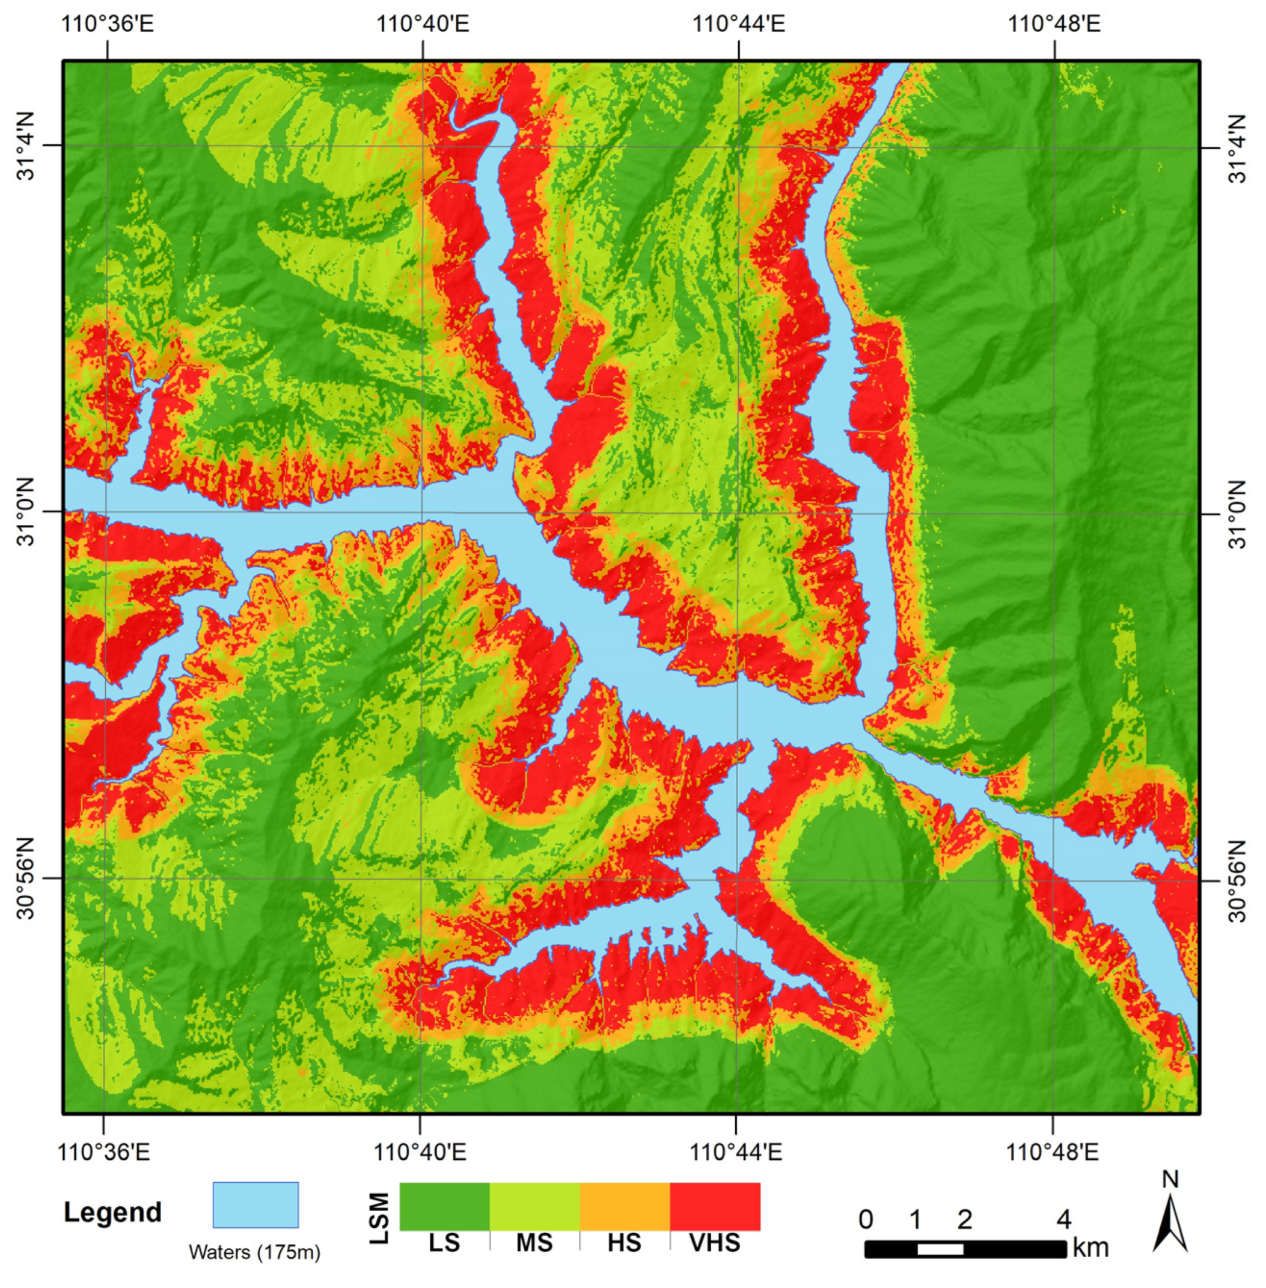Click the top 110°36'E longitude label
pyautogui.click(x=107, y=24)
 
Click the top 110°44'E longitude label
pyautogui.click(x=738, y=24)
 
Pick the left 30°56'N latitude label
pyautogui.click(x=26, y=879)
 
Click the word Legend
pyautogui.click(x=112, y=1212)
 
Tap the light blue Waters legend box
pyautogui.click(x=255, y=1205)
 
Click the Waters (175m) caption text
pyautogui.click(x=254, y=1252)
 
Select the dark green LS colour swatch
pyautogui.click(x=444, y=1206)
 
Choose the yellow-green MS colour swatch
pyautogui.click(x=534, y=1206)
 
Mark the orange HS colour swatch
pyautogui.click(x=625, y=1206)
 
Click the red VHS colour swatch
pyautogui.click(x=715, y=1206)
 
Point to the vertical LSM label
pyautogui.click(x=379, y=1218)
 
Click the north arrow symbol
pyautogui.click(x=1170, y=1223)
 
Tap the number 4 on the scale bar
pyautogui.click(x=1064, y=1219)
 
